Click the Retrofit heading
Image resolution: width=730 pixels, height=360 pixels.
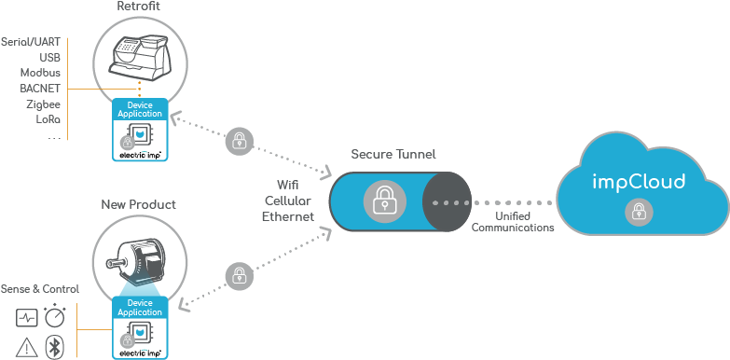138,7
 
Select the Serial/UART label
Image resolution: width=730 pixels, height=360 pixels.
31,42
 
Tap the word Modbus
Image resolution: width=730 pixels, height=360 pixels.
41,73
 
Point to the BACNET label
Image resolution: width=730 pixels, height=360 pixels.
40,89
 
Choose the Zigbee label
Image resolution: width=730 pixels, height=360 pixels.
43,104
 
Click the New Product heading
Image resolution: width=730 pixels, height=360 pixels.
138,203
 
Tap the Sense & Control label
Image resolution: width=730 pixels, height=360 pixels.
39,289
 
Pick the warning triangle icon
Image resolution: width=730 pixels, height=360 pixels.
27,347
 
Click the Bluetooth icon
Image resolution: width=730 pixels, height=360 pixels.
56,347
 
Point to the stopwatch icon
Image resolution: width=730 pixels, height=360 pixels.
56,317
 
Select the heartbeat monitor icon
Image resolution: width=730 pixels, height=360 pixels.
27,319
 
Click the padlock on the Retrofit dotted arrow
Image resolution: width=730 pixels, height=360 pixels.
240,142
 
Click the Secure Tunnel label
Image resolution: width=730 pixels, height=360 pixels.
393,154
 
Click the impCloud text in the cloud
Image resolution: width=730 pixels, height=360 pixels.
639,182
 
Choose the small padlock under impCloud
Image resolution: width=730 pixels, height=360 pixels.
639,213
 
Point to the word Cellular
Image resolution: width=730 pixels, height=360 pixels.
287,201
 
